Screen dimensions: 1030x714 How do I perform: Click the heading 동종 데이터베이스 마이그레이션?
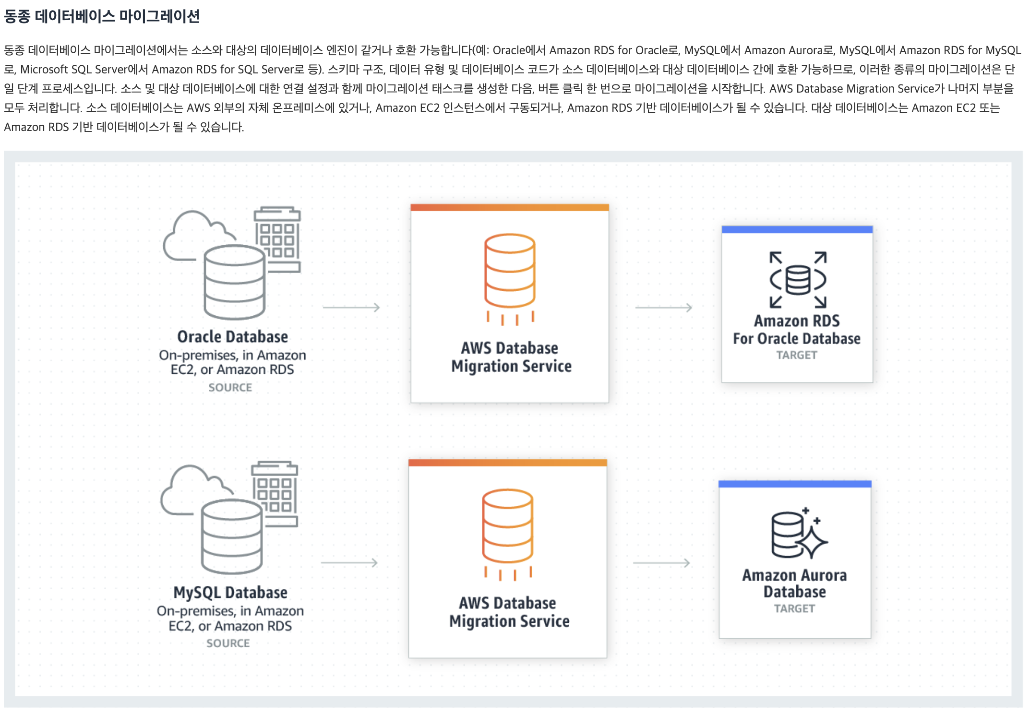(x=102, y=16)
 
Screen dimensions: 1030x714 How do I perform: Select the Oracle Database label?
(x=232, y=337)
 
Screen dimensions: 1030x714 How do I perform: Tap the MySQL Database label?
(x=230, y=593)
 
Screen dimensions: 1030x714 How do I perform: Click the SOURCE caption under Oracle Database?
(x=230, y=387)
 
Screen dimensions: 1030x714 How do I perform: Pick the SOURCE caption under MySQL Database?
(x=228, y=643)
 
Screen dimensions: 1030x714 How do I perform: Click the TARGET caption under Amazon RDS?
(x=797, y=355)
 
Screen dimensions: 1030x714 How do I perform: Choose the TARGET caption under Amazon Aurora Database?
(x=794, y=608)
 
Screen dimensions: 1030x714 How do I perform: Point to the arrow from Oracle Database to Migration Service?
(x=351, y=307)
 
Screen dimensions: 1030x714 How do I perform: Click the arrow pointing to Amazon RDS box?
(x=664, y=307)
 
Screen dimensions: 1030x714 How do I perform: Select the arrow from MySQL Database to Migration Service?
(x=349, y=562)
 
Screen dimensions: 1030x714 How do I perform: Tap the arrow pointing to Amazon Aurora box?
(x=662, y=562)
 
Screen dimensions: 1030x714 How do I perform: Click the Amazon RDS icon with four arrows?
(x=798, y=279)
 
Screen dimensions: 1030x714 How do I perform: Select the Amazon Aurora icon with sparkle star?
(x=798, y=534)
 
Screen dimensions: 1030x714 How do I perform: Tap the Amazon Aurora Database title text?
(x=794, y=583)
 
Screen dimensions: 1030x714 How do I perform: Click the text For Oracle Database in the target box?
(x=797, y=339)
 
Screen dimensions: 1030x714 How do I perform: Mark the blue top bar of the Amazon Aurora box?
(x=795, y=484)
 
